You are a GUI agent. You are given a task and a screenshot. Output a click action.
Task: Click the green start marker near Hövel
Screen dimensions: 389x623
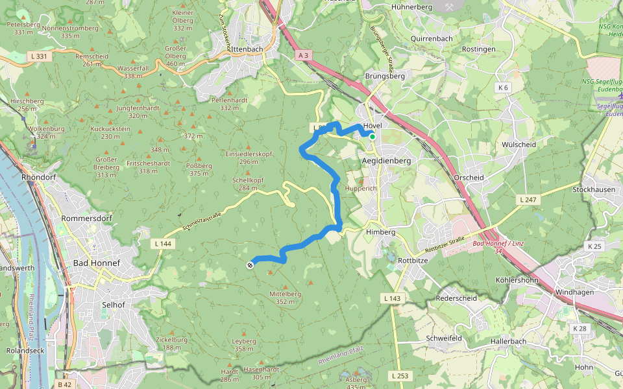click(373, 136)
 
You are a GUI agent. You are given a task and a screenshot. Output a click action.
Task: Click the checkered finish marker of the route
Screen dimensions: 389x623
click(250, 265)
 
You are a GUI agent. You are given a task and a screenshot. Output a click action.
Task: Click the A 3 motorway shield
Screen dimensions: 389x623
click(303, 56)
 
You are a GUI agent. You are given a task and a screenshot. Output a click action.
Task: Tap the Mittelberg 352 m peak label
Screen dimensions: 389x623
click(286, 298)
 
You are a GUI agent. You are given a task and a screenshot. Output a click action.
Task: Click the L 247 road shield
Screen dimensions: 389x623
click(528, 200)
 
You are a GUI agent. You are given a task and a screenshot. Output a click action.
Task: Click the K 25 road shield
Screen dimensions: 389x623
click(594, 246)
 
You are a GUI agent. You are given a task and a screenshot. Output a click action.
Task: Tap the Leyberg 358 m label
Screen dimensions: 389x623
click(244, 344)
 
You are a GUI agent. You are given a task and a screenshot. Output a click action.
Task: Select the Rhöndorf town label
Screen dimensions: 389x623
click(39, 177)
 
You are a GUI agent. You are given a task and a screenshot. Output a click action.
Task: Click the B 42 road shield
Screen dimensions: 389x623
click(64, 384)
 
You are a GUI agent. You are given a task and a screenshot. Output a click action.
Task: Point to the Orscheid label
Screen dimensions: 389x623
click(469, 178)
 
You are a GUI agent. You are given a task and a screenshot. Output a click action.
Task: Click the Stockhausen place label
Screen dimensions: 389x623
click(594, 189)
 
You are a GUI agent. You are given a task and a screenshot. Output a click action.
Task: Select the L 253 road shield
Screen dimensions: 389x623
click(400, 375)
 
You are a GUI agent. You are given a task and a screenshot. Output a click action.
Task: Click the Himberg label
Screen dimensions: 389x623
click(380, 232)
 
